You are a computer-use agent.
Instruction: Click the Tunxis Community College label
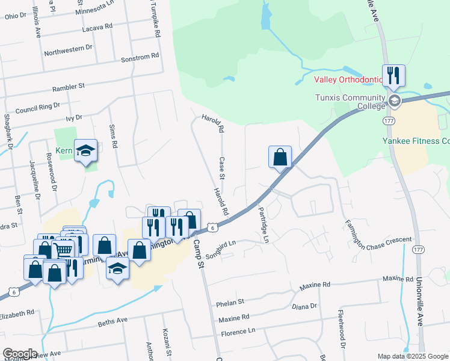click(x=350, y=102)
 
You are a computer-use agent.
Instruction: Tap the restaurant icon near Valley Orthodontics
click(x=393, y=75)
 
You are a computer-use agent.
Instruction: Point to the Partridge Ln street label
click(x=263, y=224)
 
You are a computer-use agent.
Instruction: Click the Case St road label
click(x=221, y=168)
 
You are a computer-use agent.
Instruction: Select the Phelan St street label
click(x=231, y=301)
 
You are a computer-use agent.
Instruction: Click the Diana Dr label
click(x=304, y=306)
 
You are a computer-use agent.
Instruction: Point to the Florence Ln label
click(x=238, y=331)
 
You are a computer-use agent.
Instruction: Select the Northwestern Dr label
click(x=68, y=48)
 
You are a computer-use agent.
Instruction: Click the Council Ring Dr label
click(x=37, y=108)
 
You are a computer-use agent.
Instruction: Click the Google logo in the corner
click(x=20, y=353)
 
